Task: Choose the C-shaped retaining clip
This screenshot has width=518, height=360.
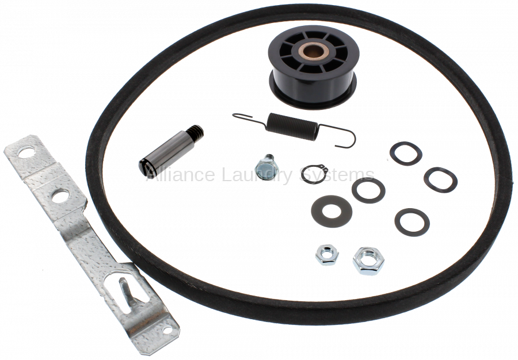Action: coord(314,174)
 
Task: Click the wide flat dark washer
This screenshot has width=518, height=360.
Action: coord(332,211)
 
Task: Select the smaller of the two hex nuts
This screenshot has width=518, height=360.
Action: coord(327,255)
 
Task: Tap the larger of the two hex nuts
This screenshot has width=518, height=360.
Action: coord(368,261)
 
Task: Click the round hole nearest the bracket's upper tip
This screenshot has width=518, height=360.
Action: coord(26,152)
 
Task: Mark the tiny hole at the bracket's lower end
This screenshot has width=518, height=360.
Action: coord(167,330)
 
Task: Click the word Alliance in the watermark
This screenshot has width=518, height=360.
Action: coord(180,174)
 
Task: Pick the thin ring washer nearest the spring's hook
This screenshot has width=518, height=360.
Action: coord(406,154)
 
